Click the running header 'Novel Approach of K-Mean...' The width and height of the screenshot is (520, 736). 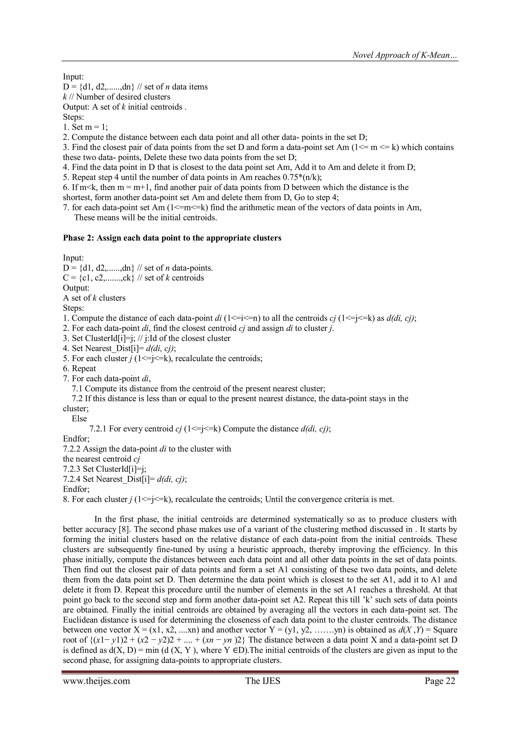coord(405,55)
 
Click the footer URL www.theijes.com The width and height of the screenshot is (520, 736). coord(96,681)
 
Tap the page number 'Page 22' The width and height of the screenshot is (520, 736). coord(440,681)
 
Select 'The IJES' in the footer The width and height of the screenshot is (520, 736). coord(263,681)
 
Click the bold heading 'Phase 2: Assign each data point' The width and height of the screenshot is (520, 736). coord(172,238)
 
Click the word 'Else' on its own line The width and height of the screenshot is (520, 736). coord(79,419)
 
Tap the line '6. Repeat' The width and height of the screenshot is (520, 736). coord(79,368)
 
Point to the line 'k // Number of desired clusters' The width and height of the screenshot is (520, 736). coord(117,97)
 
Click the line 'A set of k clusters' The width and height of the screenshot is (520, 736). coord(94,298)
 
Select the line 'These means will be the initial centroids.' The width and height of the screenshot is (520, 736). coord(145,218)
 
